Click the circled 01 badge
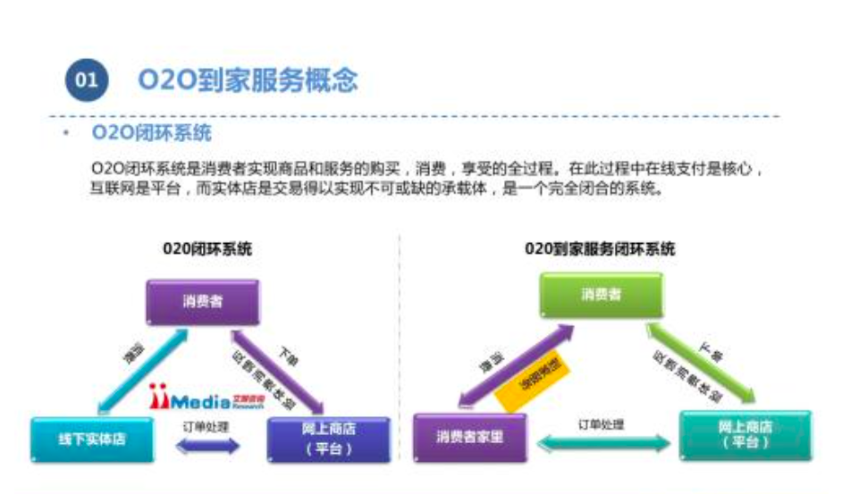coord(87,80)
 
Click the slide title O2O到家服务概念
coord(248,80)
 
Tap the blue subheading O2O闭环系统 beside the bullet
coord(151,135)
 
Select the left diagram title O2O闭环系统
coord(207,249)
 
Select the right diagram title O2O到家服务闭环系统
coord(600,249)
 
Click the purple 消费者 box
coord(202,302)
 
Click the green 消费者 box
coord(601,296)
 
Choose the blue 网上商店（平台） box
coord(329,439)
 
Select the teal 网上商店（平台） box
coord(745,435)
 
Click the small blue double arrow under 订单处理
coord(210,445)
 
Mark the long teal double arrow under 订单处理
coord(600,442)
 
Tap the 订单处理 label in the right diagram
coord(601,424)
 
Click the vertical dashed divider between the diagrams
coord(398,357)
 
